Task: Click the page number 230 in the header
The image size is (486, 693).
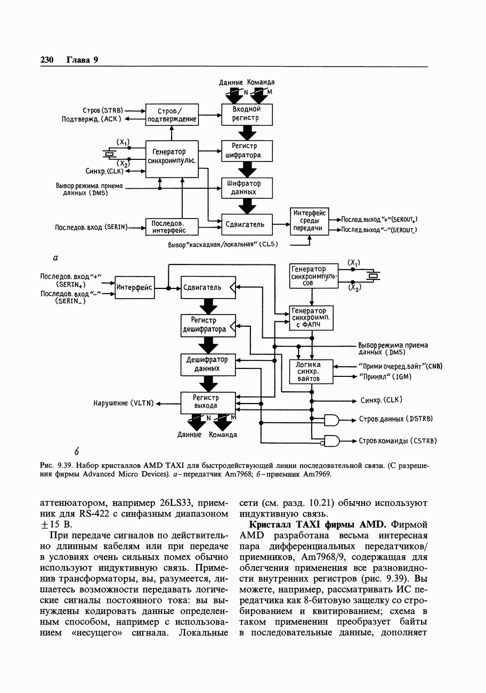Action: click(47, 60)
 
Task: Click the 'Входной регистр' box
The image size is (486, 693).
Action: click(247, 114)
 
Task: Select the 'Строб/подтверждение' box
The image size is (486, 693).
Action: click(172, 115)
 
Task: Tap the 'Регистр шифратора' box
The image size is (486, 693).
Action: click(247, 151)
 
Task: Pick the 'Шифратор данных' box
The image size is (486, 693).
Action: click(247, 188)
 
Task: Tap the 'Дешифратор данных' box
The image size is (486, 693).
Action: click(208, 365)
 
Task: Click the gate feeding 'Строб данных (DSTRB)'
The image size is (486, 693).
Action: click(332, 420)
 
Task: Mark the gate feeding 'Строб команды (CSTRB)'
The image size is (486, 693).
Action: click(332, 441)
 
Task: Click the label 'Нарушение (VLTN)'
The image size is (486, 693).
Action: click(123, 404)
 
